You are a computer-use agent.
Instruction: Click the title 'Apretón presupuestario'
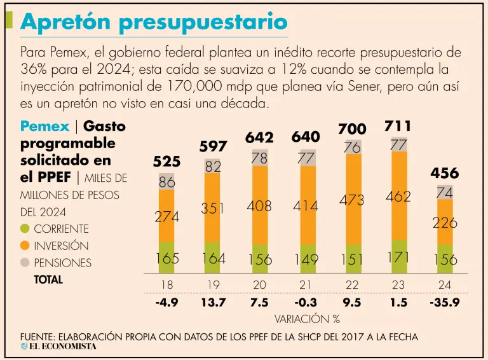point(153,22)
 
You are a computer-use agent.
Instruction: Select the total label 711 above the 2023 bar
point(398,126)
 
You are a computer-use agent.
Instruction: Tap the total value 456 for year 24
point(445,172)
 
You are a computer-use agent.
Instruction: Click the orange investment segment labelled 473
point(351,199)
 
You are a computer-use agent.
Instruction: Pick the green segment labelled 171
point(398,257)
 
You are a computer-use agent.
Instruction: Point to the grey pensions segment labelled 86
point(166,181)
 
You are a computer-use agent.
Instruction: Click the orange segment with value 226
point(445,222)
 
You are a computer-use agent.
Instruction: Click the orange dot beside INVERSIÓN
point(25,246)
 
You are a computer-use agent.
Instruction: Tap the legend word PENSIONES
point(63,263)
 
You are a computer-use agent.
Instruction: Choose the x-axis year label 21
point(306,285)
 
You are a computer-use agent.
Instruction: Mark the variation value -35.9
point(444,302)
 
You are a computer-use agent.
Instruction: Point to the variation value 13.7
point(213,302)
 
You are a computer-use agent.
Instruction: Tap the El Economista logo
point(58,347)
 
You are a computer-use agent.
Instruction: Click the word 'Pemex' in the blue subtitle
point(44,126)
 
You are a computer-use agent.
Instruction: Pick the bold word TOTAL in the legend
point(48,279)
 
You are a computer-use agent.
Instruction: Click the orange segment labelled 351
point(213,208)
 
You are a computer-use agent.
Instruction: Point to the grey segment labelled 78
point(259,157)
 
